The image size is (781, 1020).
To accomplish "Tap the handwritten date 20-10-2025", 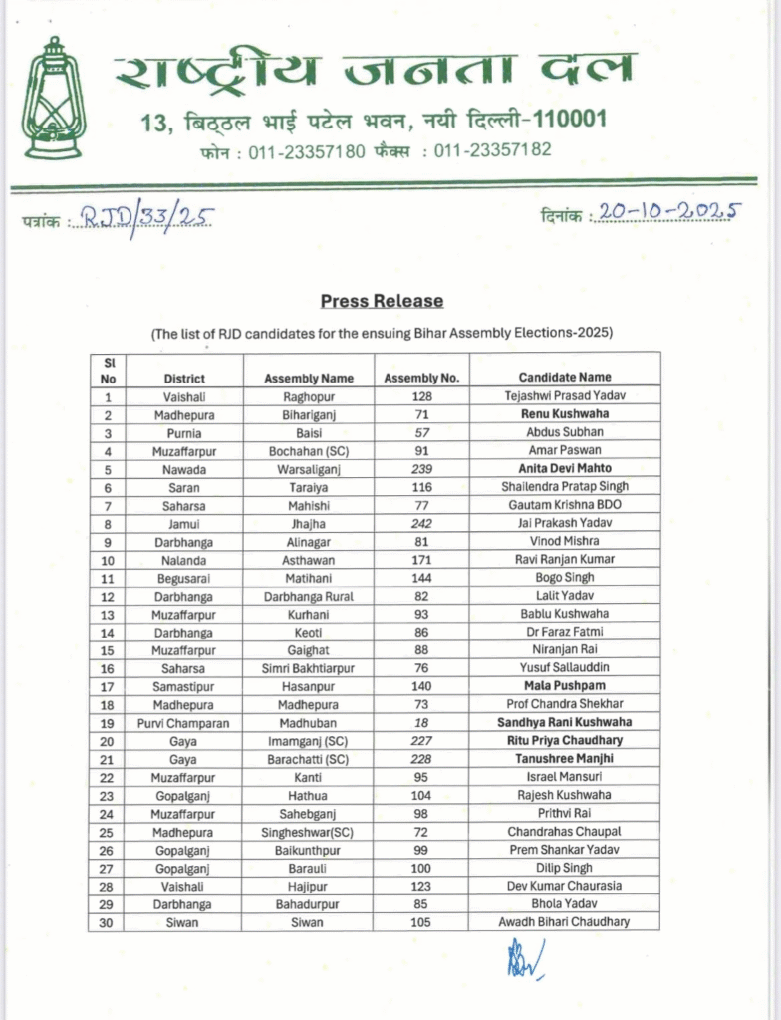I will (666, 212).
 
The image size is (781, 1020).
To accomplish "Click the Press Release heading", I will (382, 301).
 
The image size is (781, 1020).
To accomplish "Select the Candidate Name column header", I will (565, 378).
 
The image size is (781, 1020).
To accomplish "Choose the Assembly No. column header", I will (421, 378).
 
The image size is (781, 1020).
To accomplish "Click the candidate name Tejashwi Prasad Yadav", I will (565, 395).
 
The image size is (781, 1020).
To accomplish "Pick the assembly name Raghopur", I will (309, 395).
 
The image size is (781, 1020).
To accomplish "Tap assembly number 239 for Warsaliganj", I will (421, 468).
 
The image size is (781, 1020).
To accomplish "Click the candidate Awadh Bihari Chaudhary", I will (565, 922).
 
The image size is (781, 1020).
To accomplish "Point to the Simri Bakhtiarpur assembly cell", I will (309, 668).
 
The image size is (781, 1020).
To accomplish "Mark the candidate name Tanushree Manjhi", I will (565, 759).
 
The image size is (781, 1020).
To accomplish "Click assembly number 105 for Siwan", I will (421, 922).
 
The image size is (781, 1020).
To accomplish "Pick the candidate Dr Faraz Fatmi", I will (565, 632).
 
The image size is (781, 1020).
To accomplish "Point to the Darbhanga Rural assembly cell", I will (309, 596).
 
